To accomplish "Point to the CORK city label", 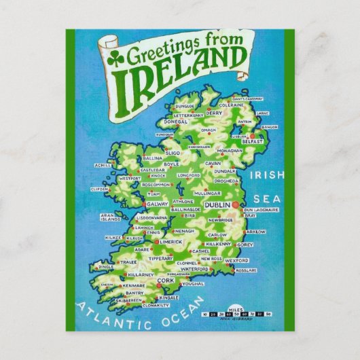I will click(x=166, y=280).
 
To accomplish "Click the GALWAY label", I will click(x=157, y=203).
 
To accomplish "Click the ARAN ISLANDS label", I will click(x=110, y=219).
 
